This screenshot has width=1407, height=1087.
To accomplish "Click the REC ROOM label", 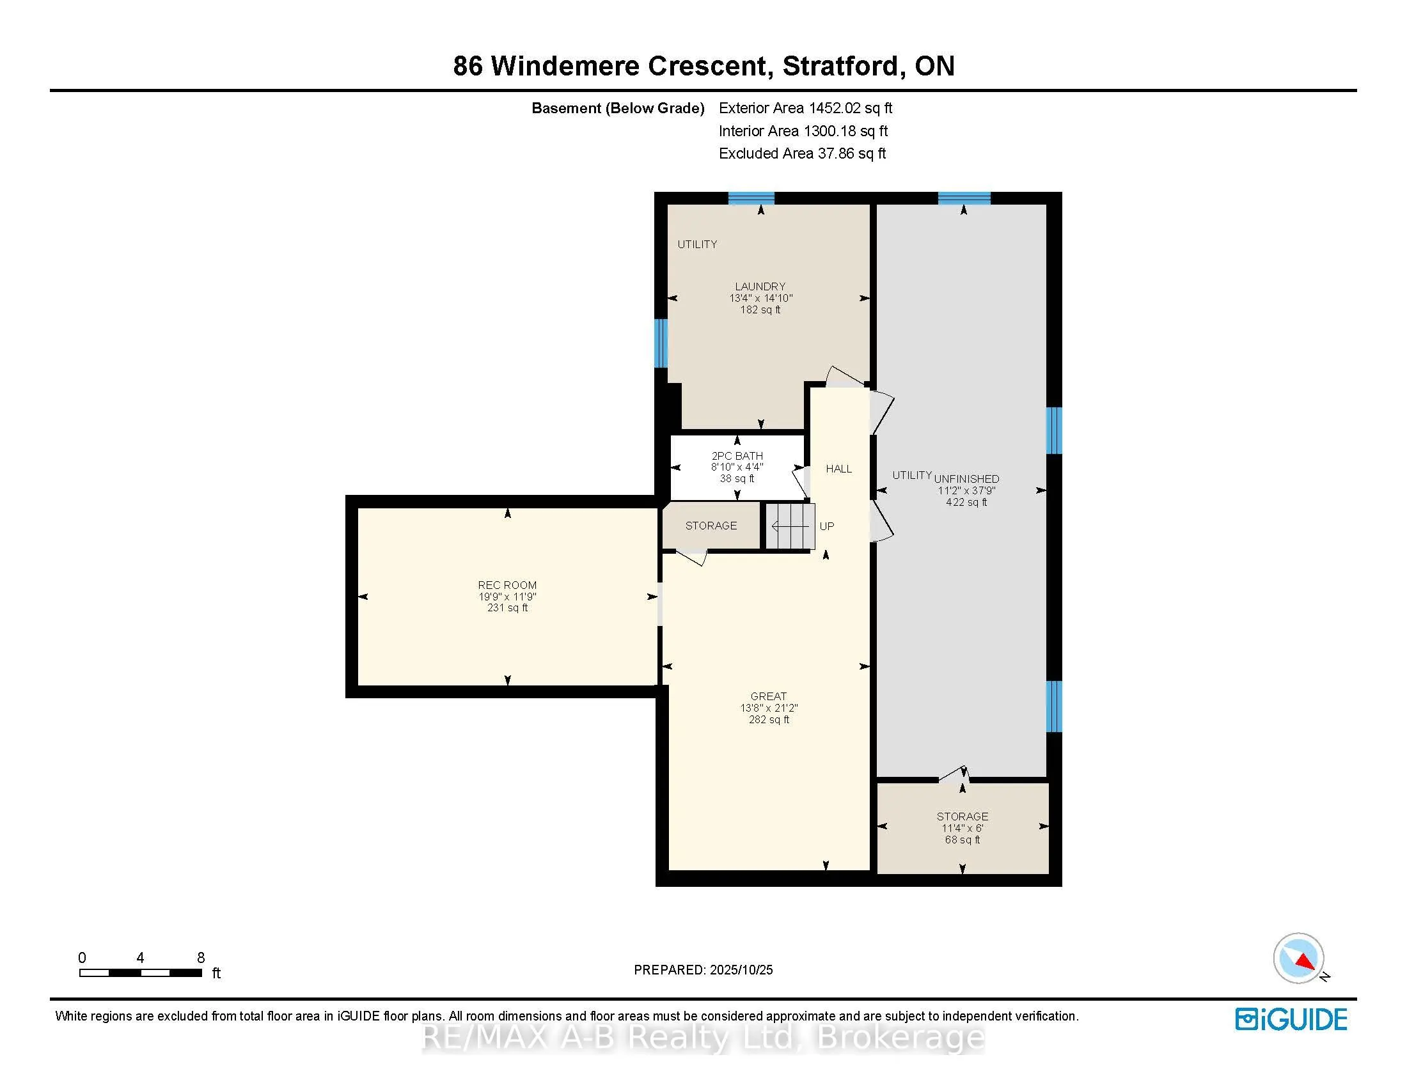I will click(x=507, y=584).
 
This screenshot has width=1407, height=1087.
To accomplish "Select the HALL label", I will click(x=839, y=469).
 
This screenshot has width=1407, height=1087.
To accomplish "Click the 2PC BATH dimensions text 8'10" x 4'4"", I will click(x=737, y=467).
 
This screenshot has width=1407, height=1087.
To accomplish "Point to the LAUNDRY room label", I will click(x=760, y=286).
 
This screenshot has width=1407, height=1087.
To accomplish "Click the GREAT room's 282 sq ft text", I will click(x=769, y=719).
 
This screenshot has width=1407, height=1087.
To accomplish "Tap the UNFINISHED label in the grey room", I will click(x=966, y=478).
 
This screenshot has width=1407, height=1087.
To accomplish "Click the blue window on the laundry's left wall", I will click(x=661, y=343).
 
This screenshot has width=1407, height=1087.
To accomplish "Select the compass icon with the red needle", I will click(x=1298, y=958).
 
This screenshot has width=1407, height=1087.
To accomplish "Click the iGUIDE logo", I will click(x=1291, y=1019).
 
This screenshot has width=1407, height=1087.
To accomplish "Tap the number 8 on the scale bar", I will click(x=201, y=958).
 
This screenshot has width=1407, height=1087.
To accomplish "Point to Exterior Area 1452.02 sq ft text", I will click(x=805, y=108).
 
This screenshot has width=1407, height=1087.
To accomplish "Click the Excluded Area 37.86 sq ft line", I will click(x=802, y=153).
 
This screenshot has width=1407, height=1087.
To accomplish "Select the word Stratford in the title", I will click(x=840, y=66).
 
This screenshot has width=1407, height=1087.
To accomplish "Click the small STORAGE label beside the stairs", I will click(x=711, y=526).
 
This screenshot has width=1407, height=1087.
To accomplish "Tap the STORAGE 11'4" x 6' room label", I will click(x=962, y=817).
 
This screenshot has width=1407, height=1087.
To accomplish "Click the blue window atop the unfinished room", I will click(x=964, y=198).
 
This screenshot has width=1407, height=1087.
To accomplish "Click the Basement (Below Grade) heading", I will click(x=617, y=108).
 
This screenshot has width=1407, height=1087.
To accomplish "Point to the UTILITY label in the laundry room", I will click(x=697, y=244).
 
